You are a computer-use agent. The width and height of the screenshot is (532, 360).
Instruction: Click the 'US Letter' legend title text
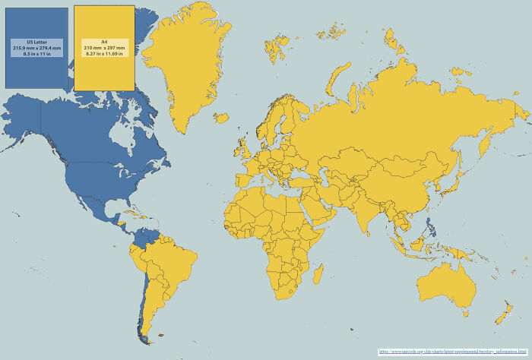(x=36, y=42)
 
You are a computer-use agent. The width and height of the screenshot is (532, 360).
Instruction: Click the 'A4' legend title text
(x=104, y=41)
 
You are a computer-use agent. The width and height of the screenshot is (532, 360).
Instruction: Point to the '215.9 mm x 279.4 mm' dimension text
(x=36, y=48)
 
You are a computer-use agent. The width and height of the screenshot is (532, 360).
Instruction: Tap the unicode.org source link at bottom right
(x=452, y=351)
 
